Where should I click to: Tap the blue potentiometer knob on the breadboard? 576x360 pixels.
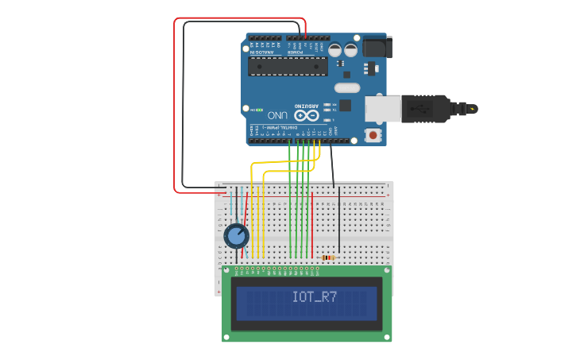click(236, 236)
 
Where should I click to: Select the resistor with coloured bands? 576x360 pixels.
click(327, 257)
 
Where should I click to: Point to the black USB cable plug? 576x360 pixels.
click(425, 110)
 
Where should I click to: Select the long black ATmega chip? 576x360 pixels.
click(287, 66)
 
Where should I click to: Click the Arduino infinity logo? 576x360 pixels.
click(306, 115)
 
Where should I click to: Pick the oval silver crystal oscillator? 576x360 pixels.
click(347, 87)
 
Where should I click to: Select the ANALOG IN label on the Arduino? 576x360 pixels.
click(265, 52)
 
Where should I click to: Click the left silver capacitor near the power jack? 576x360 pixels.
click(335, 49)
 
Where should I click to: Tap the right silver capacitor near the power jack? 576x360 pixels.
click(350, 49)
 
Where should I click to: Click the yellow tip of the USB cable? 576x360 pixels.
click(474, 108)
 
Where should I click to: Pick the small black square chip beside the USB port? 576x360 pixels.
click(346, 104)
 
